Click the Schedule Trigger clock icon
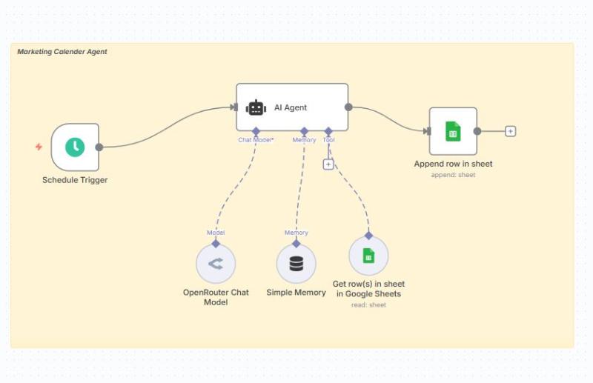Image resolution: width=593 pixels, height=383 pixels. (75, 147)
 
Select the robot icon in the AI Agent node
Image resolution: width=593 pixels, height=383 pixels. (256, 107)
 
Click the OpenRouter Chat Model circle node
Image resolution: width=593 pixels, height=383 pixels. (216, 263)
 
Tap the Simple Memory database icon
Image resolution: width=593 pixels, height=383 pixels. (296, 264)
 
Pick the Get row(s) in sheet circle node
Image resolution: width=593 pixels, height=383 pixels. (368, 256)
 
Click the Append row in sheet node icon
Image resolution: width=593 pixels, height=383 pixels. (452, 131)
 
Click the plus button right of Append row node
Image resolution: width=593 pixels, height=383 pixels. (510, 131)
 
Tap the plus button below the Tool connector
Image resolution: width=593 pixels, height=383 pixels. (328, 164)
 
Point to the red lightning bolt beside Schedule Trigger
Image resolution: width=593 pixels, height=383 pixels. (39, 147)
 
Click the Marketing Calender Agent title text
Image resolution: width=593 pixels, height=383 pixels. (62, 52)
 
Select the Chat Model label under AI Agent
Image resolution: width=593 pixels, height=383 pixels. (256, 140)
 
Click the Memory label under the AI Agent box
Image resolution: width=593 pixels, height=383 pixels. (304, 140)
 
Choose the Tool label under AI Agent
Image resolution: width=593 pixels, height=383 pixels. (328, 140)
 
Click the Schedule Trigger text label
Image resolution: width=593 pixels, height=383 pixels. (75, 180)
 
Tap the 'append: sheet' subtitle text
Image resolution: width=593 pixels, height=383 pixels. (453, 175)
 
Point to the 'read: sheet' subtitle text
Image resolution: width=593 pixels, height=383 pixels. (368, 304)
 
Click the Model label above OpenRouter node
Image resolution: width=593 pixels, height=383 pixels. (216, 233)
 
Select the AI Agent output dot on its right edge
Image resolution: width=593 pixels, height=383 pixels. (348, 107)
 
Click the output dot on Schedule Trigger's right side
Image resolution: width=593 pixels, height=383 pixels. (99, 147)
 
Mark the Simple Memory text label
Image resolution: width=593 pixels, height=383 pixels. (296, 293)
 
